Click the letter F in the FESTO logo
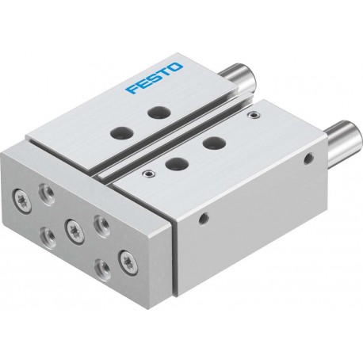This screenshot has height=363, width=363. [132, 88]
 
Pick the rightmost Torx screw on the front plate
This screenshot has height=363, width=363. [128, 261]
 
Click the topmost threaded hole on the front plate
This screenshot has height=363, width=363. [47, 194]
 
